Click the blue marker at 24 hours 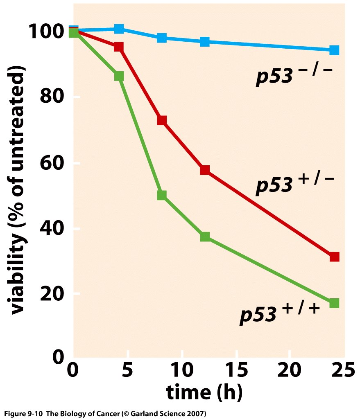(334, 50)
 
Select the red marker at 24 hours (334, 257)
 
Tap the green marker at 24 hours (334, 303)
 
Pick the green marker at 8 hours (162, 195)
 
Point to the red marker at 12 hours (205, 170)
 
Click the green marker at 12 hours (205, 237)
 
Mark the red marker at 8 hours (162, 120)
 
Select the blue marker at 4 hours (119, 29)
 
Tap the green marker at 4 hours (119, 76)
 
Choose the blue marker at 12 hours (205, 42)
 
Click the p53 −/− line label (294, 76)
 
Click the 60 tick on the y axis (52, 163)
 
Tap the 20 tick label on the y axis (52, 294)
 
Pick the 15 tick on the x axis (237, 370)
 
